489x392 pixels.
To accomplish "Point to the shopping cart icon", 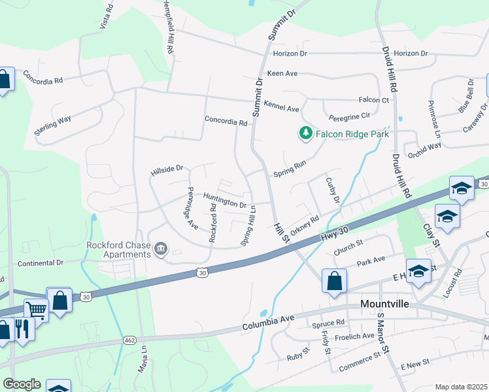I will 36,310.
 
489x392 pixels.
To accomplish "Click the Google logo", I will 22,384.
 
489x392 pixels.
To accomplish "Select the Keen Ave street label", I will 282,74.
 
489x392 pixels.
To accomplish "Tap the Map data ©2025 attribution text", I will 461,387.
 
